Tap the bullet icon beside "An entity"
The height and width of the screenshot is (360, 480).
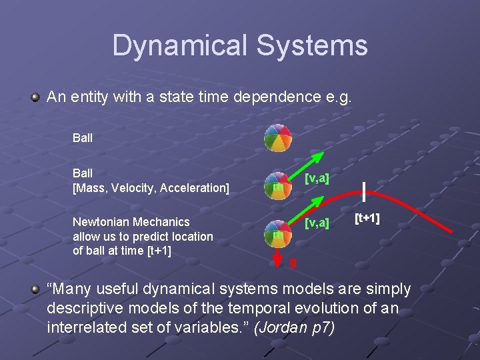coord(35,97)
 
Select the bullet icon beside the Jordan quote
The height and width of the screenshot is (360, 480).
coord(35,288)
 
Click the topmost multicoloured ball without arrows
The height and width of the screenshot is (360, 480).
coord(277,138)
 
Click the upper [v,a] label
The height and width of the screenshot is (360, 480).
coord(317,178)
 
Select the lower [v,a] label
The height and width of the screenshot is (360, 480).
coord(317,223)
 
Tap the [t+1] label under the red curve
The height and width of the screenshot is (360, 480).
coord(367,218)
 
